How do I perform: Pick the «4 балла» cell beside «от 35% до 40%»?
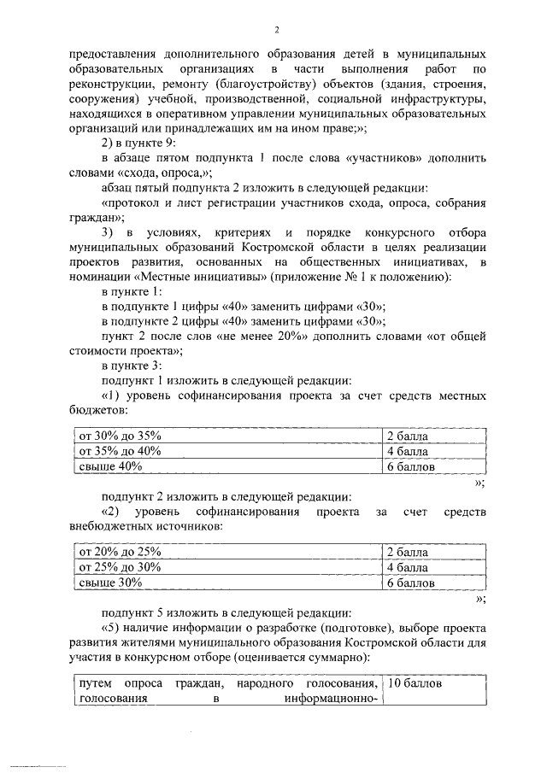pos(407,452)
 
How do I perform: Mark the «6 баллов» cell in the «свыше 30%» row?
pos(410,583)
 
